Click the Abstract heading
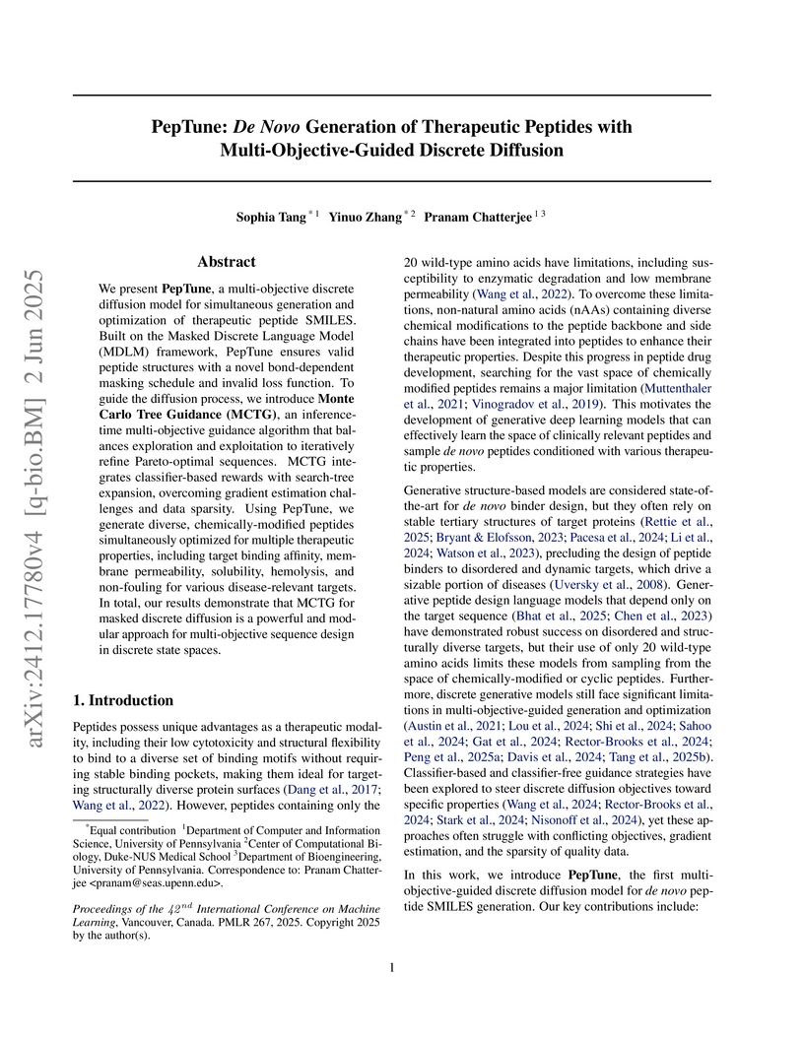(227, 262)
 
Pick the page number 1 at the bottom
(393, 968)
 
